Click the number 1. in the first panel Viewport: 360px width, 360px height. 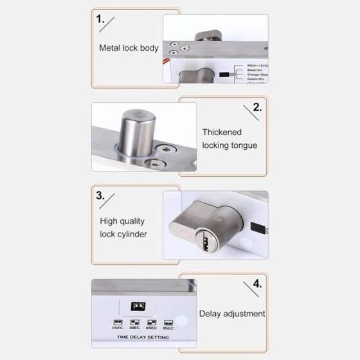tap(100, 19)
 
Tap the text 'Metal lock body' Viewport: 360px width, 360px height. tap(129, 48)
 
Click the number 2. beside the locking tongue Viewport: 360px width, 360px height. tap(257, 107)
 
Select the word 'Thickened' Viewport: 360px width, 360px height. tap(222, 132)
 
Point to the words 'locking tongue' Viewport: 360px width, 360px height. tap(230, 145)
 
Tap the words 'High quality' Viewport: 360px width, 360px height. tap(122, 221)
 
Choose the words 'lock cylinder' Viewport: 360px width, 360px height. tap(123, 234)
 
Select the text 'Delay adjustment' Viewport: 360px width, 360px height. tap(232, 314)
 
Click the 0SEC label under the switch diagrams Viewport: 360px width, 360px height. tap(118, 328)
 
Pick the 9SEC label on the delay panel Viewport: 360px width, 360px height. tap(168, 328)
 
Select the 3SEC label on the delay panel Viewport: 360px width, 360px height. tap(135, 328)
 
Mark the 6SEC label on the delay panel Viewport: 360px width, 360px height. tap(151, 328)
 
